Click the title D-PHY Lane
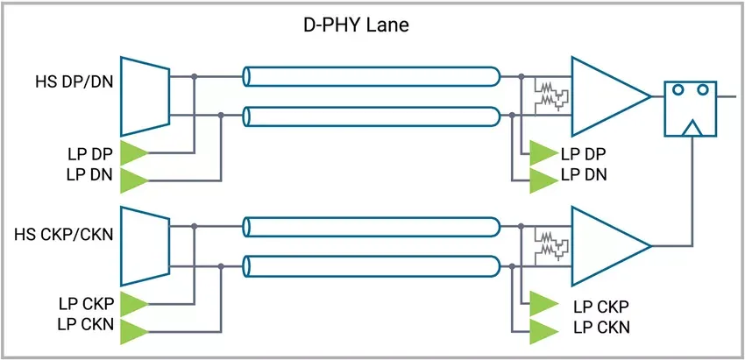click(x=351, y=25)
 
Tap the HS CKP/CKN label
click(x=64, y=235)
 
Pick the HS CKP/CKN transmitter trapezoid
click(x=144, y=245)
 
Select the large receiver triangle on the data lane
click(x=604, y=96)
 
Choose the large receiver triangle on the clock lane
click(x=604, y=246)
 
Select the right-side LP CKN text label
click(x=600, y=328)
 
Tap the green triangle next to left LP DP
click(x=133, y=152)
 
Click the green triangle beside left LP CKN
click(x=133, y=331)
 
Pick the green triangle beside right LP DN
click(x=543, y=180)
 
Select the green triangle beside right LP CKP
click(x=543, y=304)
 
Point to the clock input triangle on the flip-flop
click(x=692, y=130)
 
